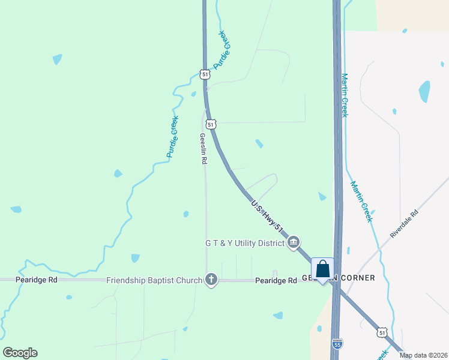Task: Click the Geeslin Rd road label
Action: (x=203, y=149)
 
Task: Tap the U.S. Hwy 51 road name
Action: (x=267, y=214)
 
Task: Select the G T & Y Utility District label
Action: (x=244, y=243)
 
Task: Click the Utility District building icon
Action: (x=294, y=243)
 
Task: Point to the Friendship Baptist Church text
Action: (x=154, y=280)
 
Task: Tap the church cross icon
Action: (x=211, y=280)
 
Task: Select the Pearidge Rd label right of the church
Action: (x=276, y=280)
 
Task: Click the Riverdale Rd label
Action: (x=404, y=224)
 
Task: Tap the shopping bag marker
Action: (x=322, y=269)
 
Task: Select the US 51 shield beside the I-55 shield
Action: (x=382, y=332)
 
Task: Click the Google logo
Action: (x=20, y=352)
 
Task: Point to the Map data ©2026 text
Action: (x=423, y=355)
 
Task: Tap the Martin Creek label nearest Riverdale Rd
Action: (x=362, y=202)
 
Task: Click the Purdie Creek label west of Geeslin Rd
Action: (x=173, y=137)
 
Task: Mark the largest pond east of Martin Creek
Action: (x=424, y=91)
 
